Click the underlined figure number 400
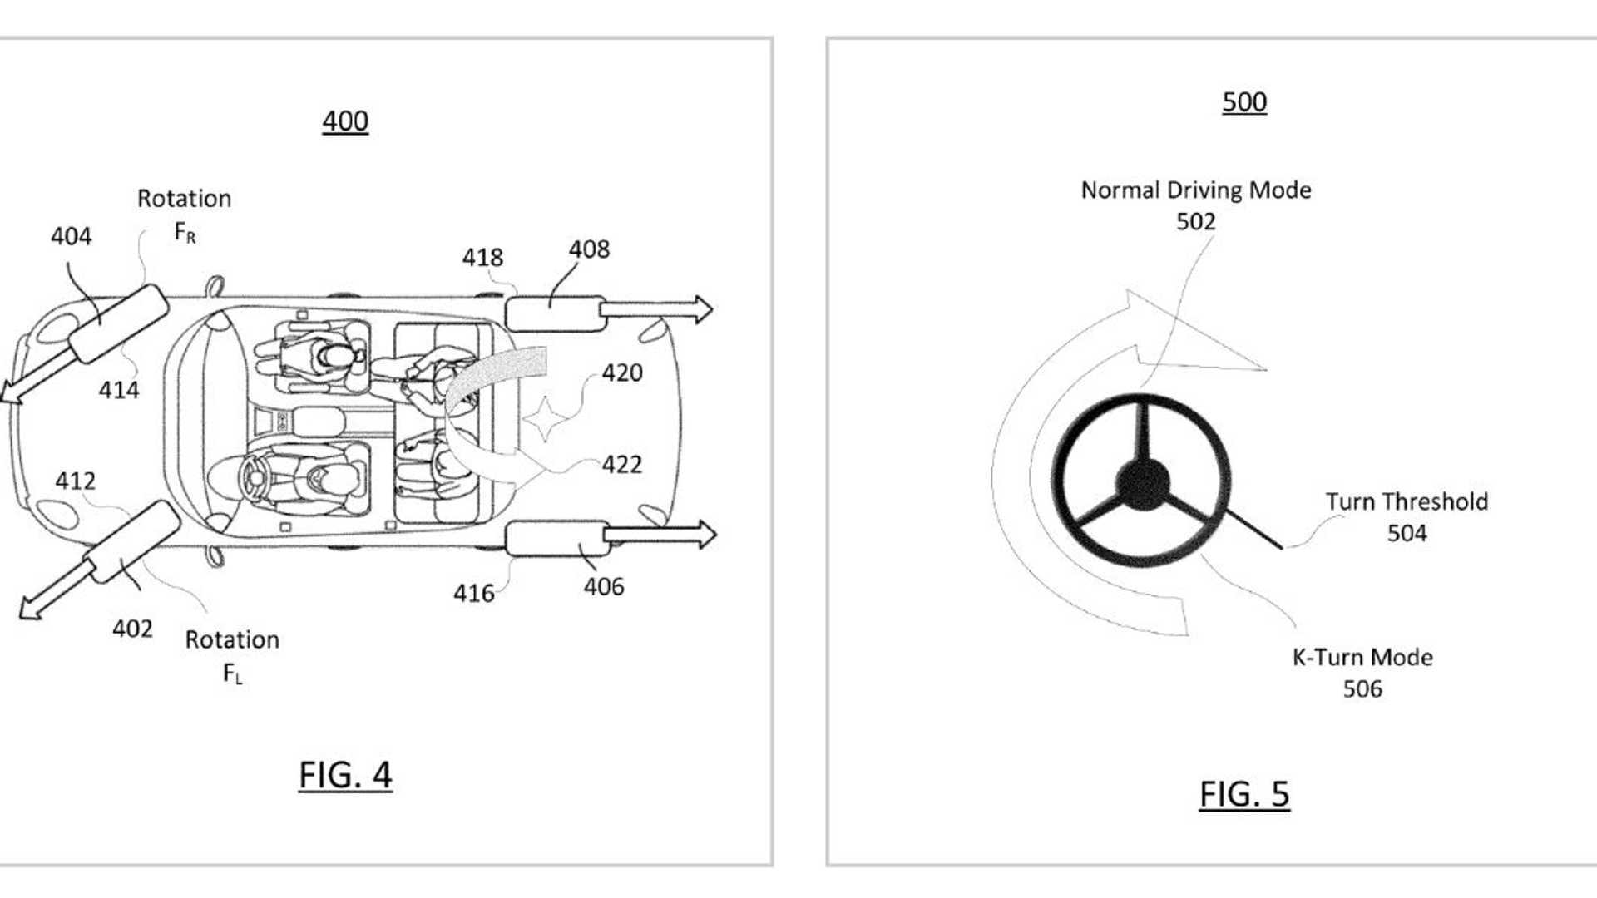[x=345, y=121]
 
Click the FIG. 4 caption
[x=345, y=775]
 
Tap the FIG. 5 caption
[x=1243, y=794]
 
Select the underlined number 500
[x=1243, y=102]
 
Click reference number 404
[x=71, y=237]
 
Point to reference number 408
[x=589, y=249]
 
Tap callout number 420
[x=621, y=373]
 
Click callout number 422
[x=621, y=465]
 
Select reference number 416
[x=473, y=594]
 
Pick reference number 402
[x=132, y=629]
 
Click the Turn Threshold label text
[x=1406, y=502]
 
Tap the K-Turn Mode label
[x=1362, y=658]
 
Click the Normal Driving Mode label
[x=1195, y=190]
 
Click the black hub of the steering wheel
[x=1142, y=483]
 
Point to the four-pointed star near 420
[x=545, y=419]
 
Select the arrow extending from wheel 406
[x=661, y=535]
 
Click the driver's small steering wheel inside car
[x=253, y=478]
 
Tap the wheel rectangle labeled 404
[x=118, y=324]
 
